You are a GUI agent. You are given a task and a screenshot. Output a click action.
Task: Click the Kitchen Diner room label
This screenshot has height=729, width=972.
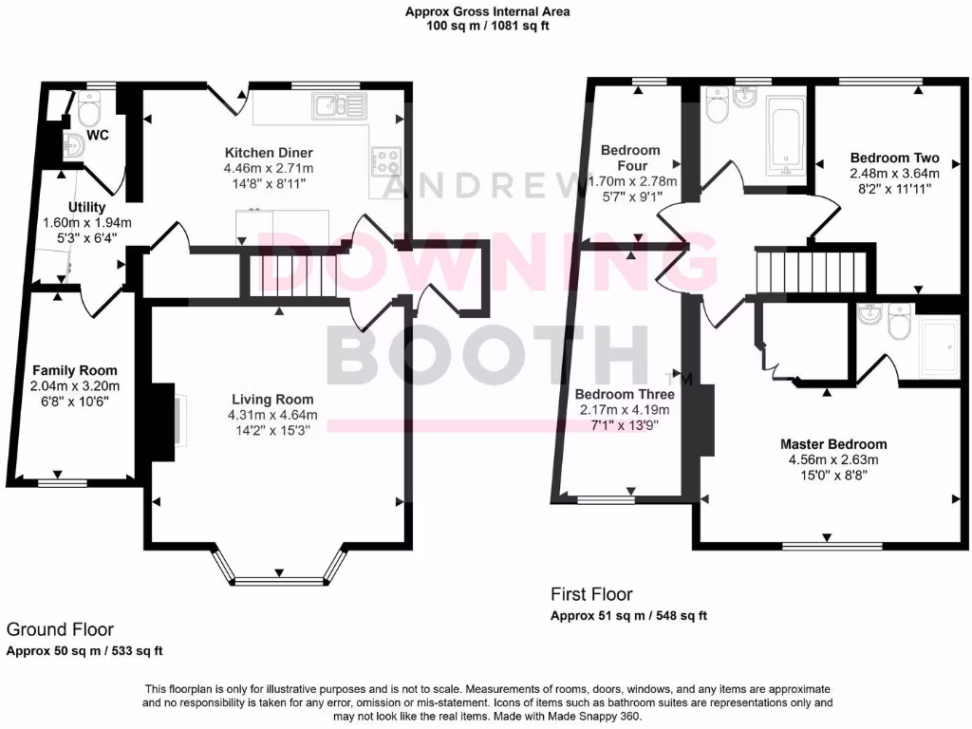(x=269, y=153)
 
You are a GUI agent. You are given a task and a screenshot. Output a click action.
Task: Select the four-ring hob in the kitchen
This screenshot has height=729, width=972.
(x=385, y=161)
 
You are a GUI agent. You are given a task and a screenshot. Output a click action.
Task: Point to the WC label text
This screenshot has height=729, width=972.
(x=98, y=136)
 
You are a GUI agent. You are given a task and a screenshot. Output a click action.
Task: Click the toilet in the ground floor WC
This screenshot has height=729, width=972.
(x=91, y=113)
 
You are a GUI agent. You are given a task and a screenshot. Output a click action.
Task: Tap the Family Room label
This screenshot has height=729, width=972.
(x=75, y=370)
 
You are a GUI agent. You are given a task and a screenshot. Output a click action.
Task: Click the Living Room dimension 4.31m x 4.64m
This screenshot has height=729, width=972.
(x=271, y=416)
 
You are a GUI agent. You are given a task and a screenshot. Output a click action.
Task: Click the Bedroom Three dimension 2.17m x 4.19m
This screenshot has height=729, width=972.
(x=625, y=410)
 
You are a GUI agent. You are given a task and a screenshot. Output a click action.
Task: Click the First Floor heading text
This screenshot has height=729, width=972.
(x=591, y=595)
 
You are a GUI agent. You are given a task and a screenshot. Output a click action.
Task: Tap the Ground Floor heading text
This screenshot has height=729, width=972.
(x=61, y=629)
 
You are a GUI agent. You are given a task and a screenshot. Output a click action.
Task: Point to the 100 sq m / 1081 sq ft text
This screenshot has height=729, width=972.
(x=487, y=27)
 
